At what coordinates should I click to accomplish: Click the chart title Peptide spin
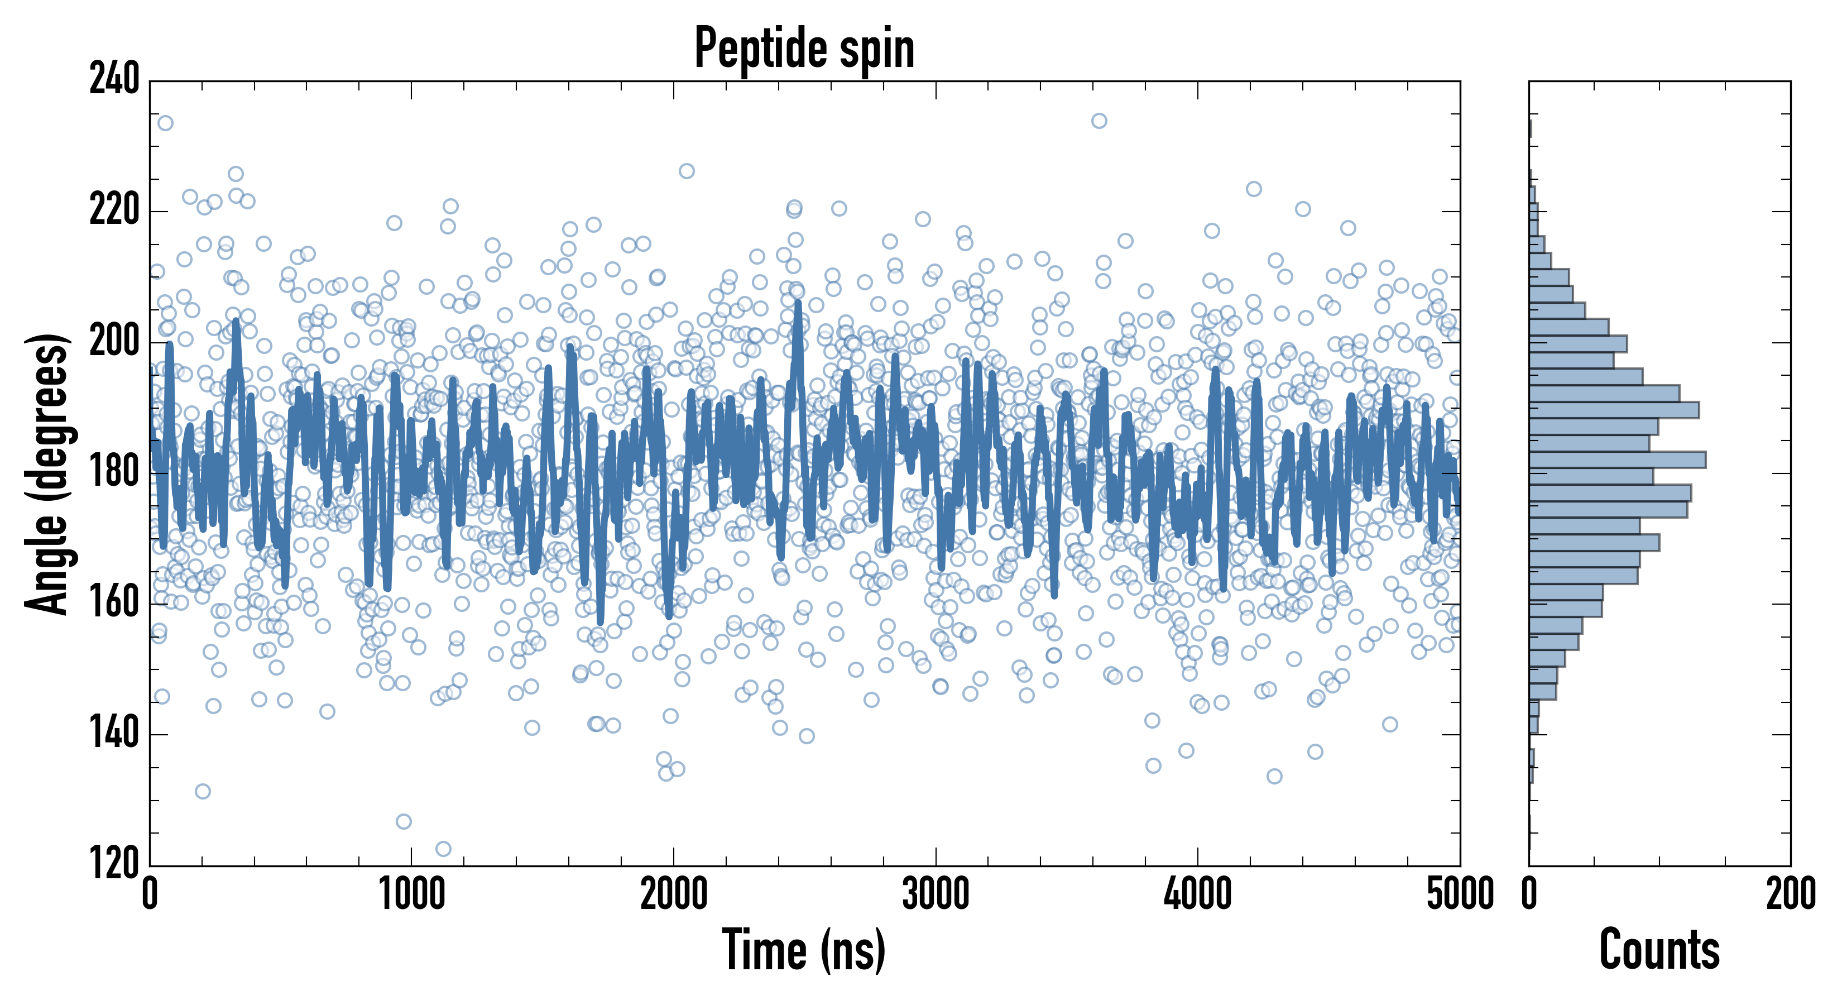(x=804, y=49)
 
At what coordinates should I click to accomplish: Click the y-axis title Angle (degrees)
(x=47, y=473)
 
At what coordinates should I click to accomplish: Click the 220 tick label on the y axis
(x=114, y=211)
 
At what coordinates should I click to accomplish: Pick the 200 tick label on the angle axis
(x=114, y=342)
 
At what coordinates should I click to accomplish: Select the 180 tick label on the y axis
(x=114, y=473)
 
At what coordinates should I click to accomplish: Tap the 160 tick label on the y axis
(x=114, y=604)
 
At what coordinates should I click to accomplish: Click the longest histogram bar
(x=1618, y=460)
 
